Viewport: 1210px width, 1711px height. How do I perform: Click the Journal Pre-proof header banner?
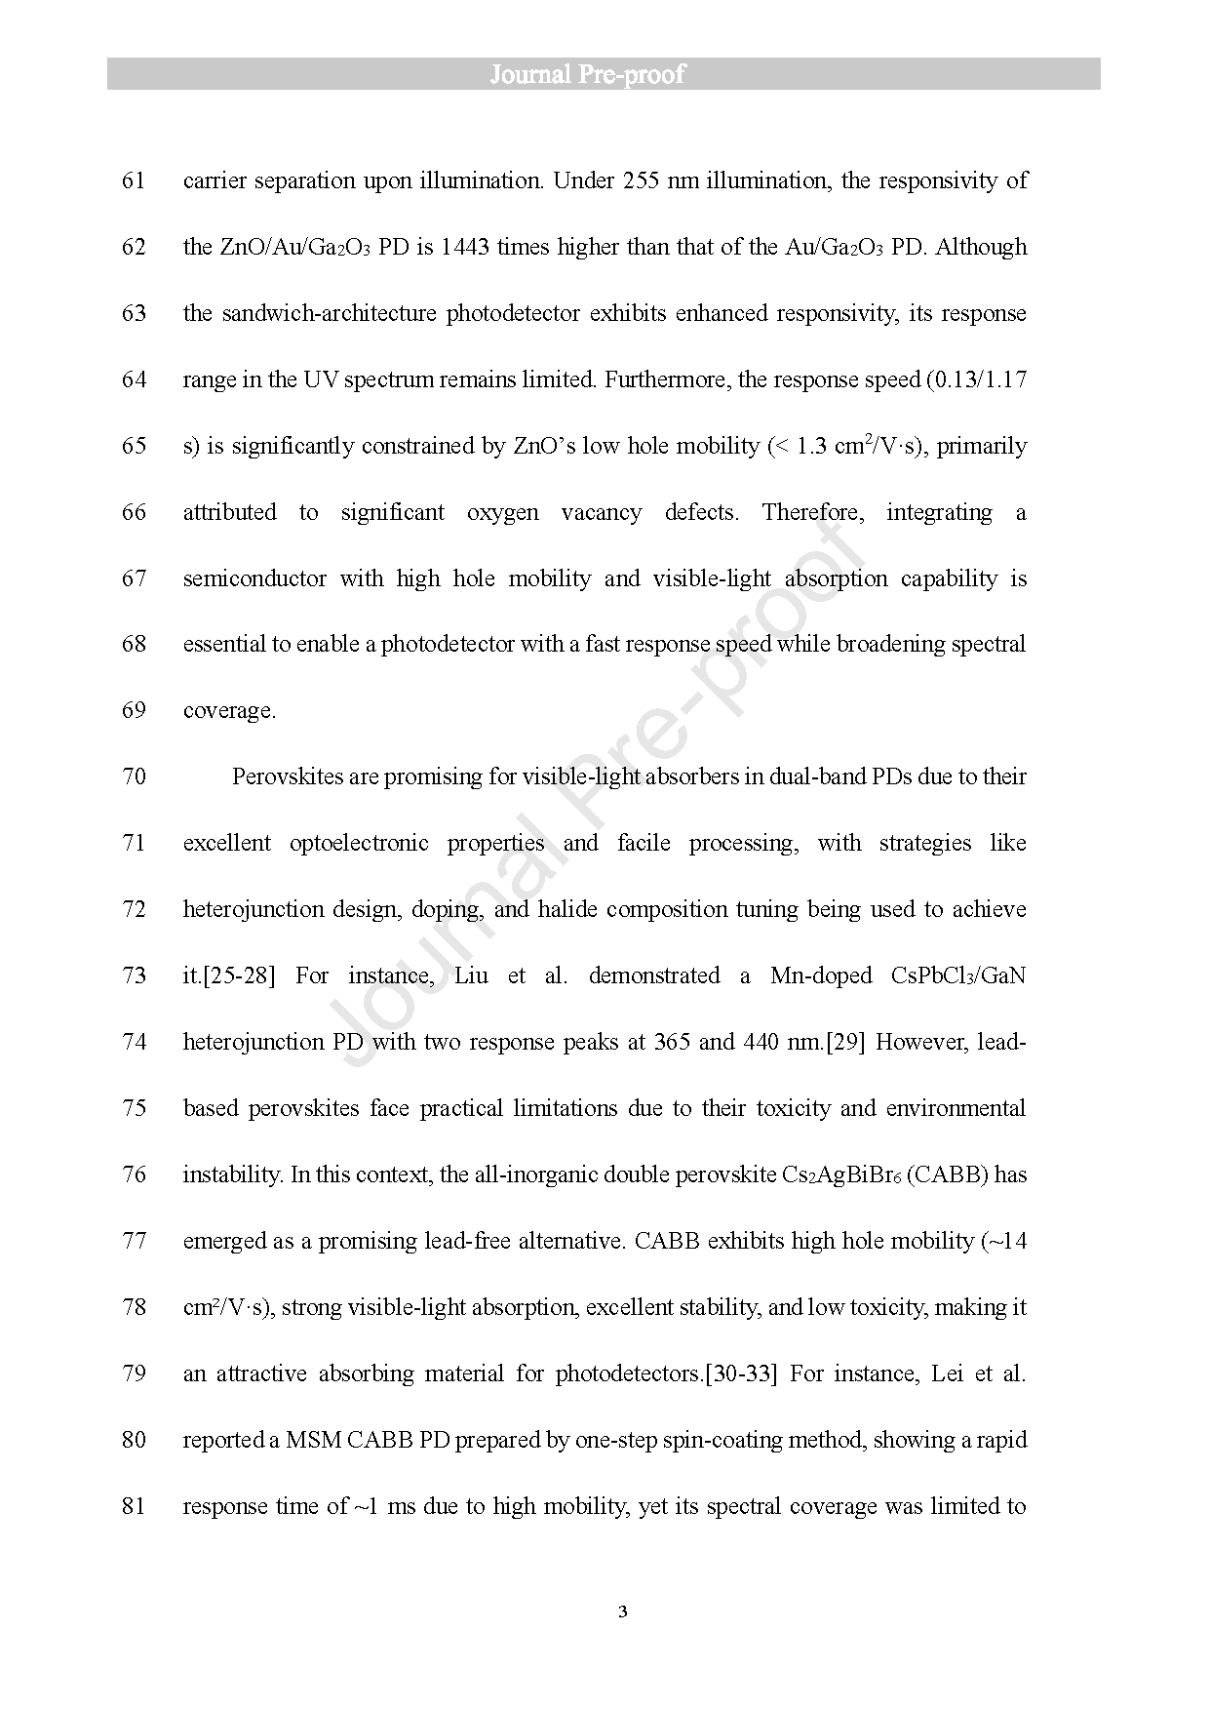[604, 74]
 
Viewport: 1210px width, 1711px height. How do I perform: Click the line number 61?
[134, 180]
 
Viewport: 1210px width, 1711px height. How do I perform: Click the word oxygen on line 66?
[502, 512]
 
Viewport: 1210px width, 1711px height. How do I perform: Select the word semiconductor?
[254, 578]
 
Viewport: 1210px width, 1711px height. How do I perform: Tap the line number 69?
[134, 710]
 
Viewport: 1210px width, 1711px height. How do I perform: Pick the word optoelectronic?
[359, 843]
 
